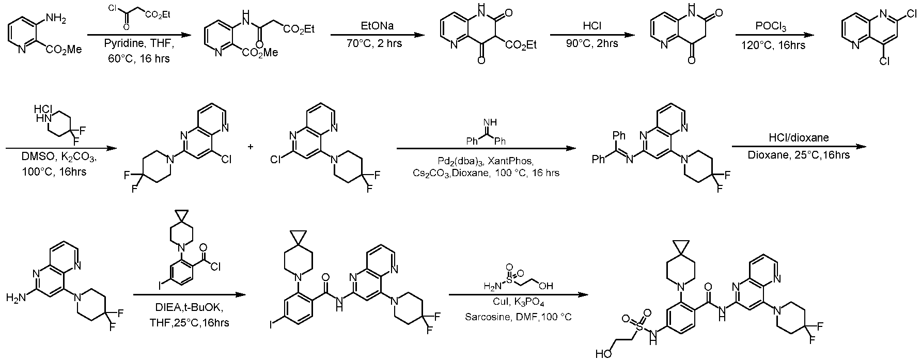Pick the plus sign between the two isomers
tap(252, 146)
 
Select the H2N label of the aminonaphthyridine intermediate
tap(15, 298)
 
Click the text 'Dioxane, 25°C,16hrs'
tap(798, 153)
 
